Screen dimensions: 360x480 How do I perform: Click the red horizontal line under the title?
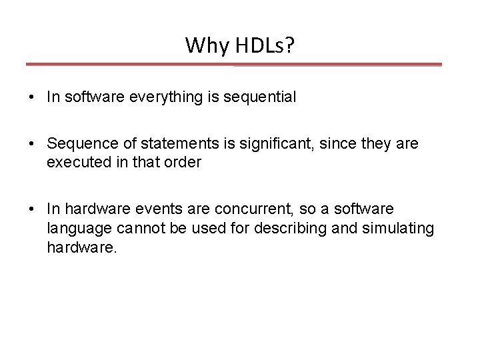pos(233,65)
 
